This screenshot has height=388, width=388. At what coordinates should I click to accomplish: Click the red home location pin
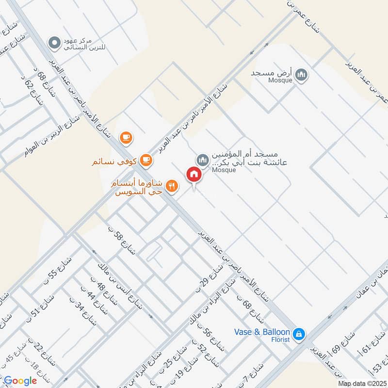point(194,175)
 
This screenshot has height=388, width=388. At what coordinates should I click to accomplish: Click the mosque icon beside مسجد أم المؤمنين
point(202,160)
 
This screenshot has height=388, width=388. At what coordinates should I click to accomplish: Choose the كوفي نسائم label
point(115,160)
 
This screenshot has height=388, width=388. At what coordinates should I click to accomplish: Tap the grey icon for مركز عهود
point(54,43)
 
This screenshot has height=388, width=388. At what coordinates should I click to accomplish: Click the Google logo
point(20,381)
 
